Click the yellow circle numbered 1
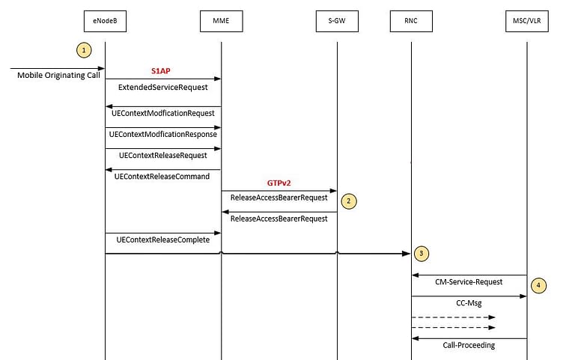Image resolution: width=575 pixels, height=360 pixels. click(85, 50)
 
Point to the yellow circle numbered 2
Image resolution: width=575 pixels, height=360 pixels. click(347, 201)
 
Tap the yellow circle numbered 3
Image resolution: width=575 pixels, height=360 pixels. click(422, 254)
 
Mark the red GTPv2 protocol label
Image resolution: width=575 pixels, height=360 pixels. click(279, 182)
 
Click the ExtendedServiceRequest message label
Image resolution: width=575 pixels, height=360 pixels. click(162, 88)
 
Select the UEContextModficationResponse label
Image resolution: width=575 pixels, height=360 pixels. click(162, 135)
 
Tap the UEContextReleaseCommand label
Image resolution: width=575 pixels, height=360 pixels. click(162, 177)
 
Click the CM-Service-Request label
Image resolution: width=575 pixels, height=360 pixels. click(469, 282)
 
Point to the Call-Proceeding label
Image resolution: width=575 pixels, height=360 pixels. click(469, 345)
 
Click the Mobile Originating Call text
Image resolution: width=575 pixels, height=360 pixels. click(58, 76)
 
